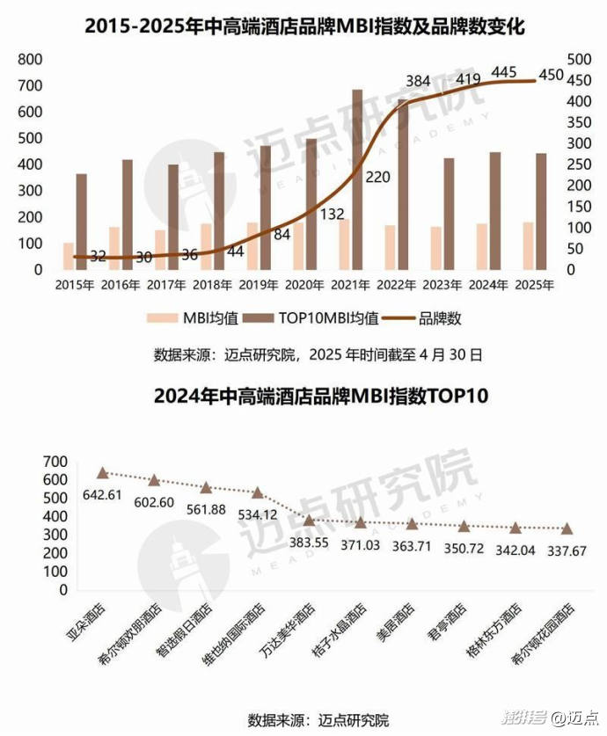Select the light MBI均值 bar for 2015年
tap(69, 256)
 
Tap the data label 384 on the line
tap(419, 81)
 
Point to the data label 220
tap(377, 177)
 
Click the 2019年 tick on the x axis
tap(261, 285)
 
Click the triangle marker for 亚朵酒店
tap(102, 473)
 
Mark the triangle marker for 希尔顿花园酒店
tap(567, 528)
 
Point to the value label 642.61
tap(100, 494)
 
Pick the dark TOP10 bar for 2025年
tap(541, 211)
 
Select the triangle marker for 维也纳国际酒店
tap(258, 493)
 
